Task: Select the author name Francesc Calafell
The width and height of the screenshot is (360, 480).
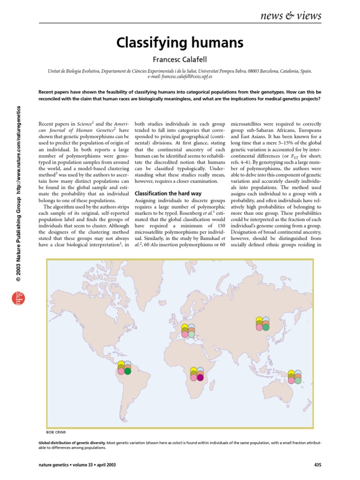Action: coord(180,60)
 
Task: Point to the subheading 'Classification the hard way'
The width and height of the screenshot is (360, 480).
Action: coord(163,193)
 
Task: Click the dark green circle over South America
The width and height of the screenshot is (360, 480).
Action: coord(127,371)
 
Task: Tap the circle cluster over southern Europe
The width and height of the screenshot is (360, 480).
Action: coord(188,331)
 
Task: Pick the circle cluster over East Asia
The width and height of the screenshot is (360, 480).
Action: coord(262,324)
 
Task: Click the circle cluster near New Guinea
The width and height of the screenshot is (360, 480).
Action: coord(294,377)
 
